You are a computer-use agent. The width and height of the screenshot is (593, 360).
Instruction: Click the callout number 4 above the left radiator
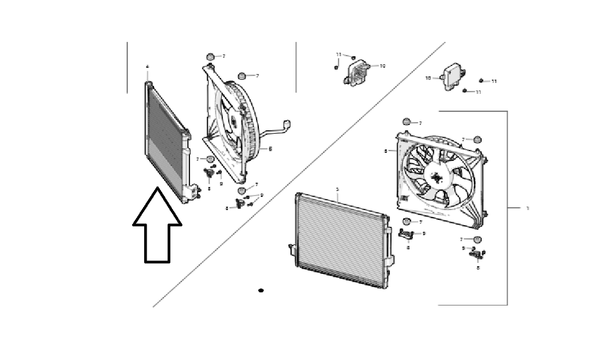click(147, 67)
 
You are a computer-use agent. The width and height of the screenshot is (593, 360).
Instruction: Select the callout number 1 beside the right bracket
click(528, 207)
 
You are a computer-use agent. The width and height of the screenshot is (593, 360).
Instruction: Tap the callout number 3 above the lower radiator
click(337, 189)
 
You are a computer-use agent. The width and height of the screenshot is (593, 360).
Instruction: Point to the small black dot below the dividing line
click(261, 289)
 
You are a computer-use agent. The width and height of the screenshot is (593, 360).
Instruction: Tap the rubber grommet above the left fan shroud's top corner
click(211, 56)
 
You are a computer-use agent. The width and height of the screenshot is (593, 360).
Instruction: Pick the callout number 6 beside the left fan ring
click(269, 149)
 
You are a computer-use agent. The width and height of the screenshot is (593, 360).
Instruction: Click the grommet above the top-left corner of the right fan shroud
click(407, 122)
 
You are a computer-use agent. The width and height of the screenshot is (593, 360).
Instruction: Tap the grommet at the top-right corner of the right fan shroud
click(477, 139)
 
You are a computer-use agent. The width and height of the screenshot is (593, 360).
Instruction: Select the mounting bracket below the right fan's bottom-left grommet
click(408, 234)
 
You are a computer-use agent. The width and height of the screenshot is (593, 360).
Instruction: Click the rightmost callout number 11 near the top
click(494, 82)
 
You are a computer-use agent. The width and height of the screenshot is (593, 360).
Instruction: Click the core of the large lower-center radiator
click(339, 240)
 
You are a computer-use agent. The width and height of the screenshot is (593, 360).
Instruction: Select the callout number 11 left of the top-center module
click(338, 54)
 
